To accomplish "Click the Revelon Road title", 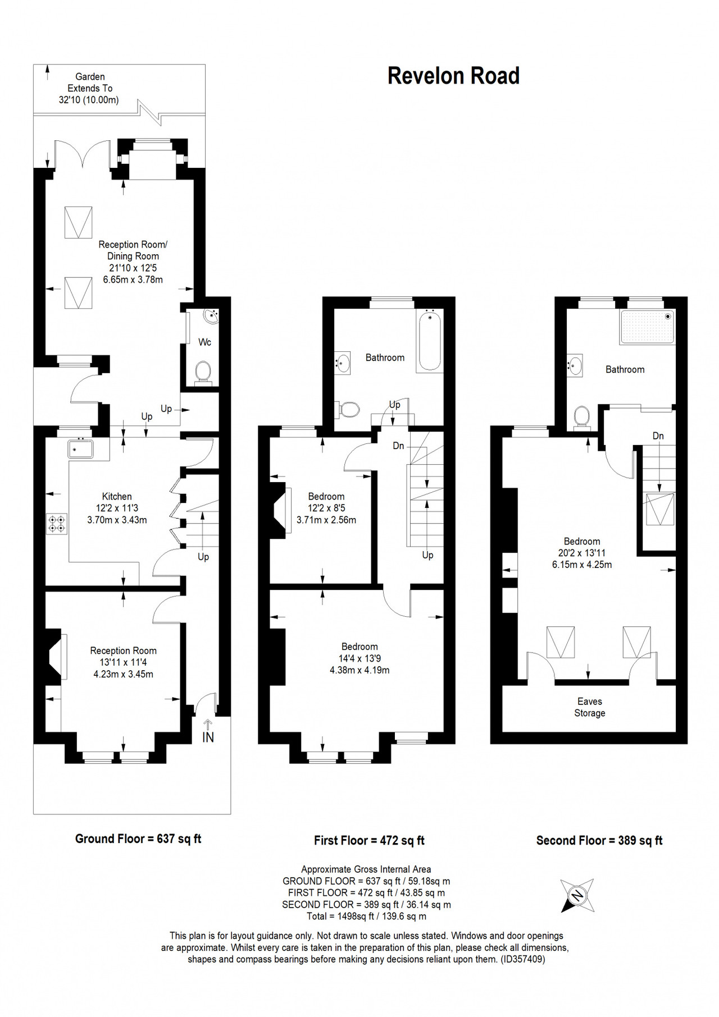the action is click(453, 76).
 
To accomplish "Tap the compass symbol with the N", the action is click(577, 895).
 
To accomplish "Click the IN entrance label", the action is click(208, 737).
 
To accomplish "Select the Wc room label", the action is click(204, 342).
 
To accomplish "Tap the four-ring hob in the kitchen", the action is click(57, 524).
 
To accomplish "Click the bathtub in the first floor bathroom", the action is click(430, 341).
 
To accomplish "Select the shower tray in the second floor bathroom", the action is click(647, 327).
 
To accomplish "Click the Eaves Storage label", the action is click(590, 707).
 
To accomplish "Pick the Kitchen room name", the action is click(117, 496).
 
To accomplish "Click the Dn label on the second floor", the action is click(658, 436).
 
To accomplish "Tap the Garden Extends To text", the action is click(90, 83).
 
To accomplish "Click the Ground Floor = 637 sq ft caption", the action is click(138, 839).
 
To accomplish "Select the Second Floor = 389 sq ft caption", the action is click(599, 840).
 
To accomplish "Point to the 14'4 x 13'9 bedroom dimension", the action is click(359, 658).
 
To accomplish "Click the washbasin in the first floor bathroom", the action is click(343, 363).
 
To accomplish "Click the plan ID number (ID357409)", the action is click(522, 959).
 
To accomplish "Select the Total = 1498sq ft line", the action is click(366, 916).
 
